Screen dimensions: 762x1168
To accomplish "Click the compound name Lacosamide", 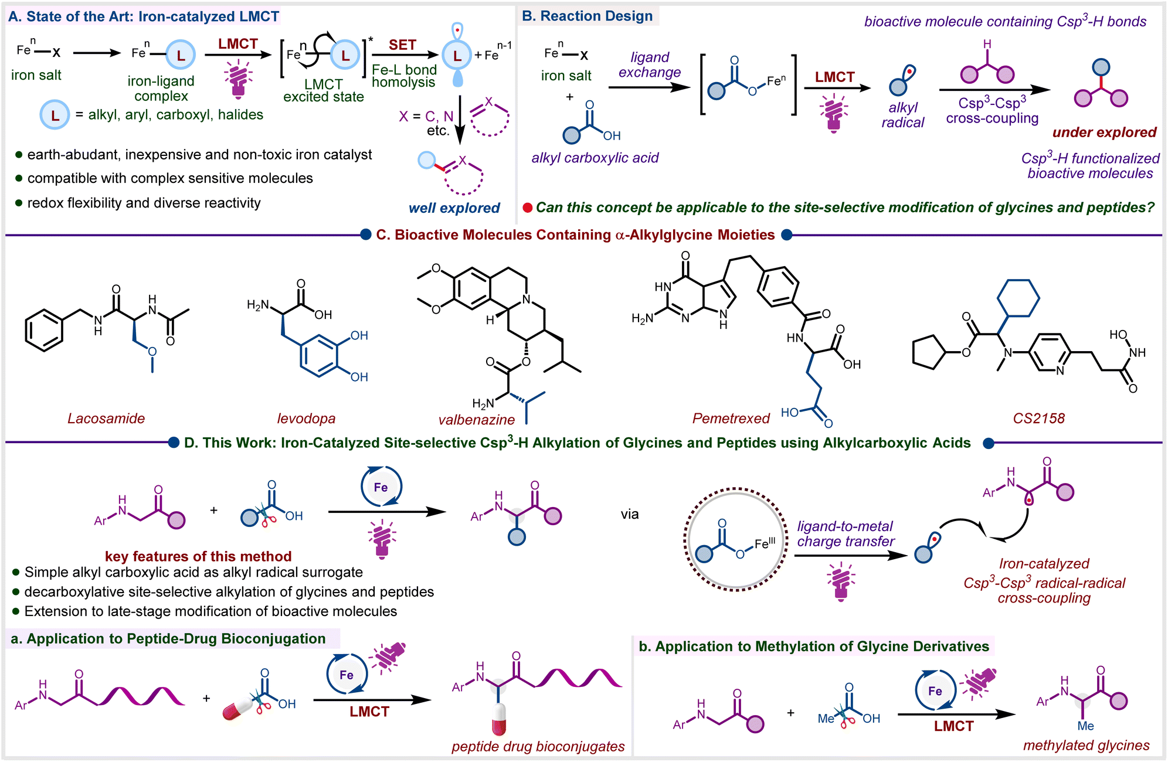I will [x=106, y=419].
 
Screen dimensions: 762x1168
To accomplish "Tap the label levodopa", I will [x=306, y=419].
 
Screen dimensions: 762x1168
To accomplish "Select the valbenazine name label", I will [x=477, y=420].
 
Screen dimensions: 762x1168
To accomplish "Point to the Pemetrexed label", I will [x=731, y=419].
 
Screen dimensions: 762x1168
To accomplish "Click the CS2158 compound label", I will [x=1038, y=419].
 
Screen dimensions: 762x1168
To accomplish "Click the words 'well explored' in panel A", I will [x=454, y=208].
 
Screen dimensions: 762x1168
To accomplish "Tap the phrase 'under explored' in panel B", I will [x=1104, y=132].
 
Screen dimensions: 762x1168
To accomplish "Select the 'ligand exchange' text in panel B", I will [x=650, y=65].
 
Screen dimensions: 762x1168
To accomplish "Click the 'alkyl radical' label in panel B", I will [x=903, y=115].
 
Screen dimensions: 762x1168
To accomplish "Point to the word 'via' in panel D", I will [x=630, y=515].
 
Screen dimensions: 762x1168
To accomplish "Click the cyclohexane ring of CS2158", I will [x=1019, y=298].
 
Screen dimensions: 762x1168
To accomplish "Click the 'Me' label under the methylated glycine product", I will [x=1085, y=726].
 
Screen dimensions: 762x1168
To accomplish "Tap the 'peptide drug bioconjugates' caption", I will [x=538, y=747].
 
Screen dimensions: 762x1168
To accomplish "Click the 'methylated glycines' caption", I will [x=1086, y=746].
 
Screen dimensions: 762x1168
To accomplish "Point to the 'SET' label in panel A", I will [x=402, y=45].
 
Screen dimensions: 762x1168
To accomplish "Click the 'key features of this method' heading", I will [x=198, y=556].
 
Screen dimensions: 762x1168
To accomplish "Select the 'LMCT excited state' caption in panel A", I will [x=324, y=91].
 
